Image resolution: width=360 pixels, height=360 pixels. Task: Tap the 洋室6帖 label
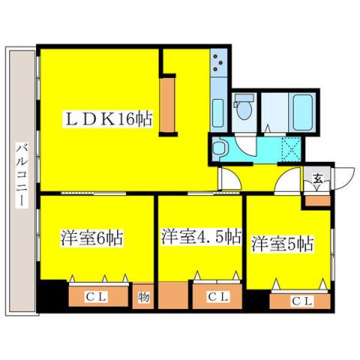click(x=92, y=239)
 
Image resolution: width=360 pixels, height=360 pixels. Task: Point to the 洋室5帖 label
click(x=283, y=244)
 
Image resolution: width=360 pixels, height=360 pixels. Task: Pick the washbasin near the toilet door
click(x=220, y=148)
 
